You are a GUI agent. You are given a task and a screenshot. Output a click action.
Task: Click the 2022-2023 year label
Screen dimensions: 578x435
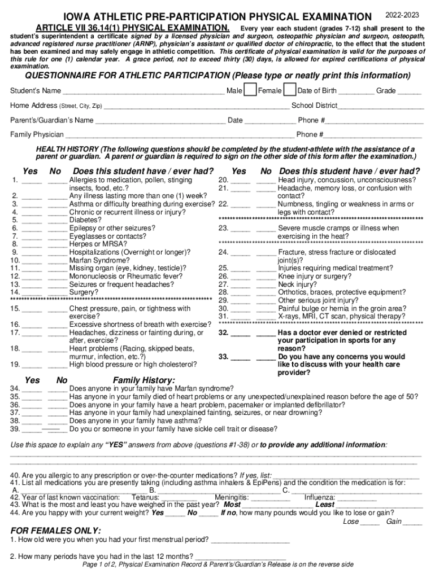point(404,14)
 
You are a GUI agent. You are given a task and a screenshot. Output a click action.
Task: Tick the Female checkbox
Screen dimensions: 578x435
point(289,90)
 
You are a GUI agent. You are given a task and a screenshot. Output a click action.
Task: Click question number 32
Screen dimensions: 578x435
point(223,333)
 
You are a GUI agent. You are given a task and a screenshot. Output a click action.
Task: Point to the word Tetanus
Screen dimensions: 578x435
point(145,497)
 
